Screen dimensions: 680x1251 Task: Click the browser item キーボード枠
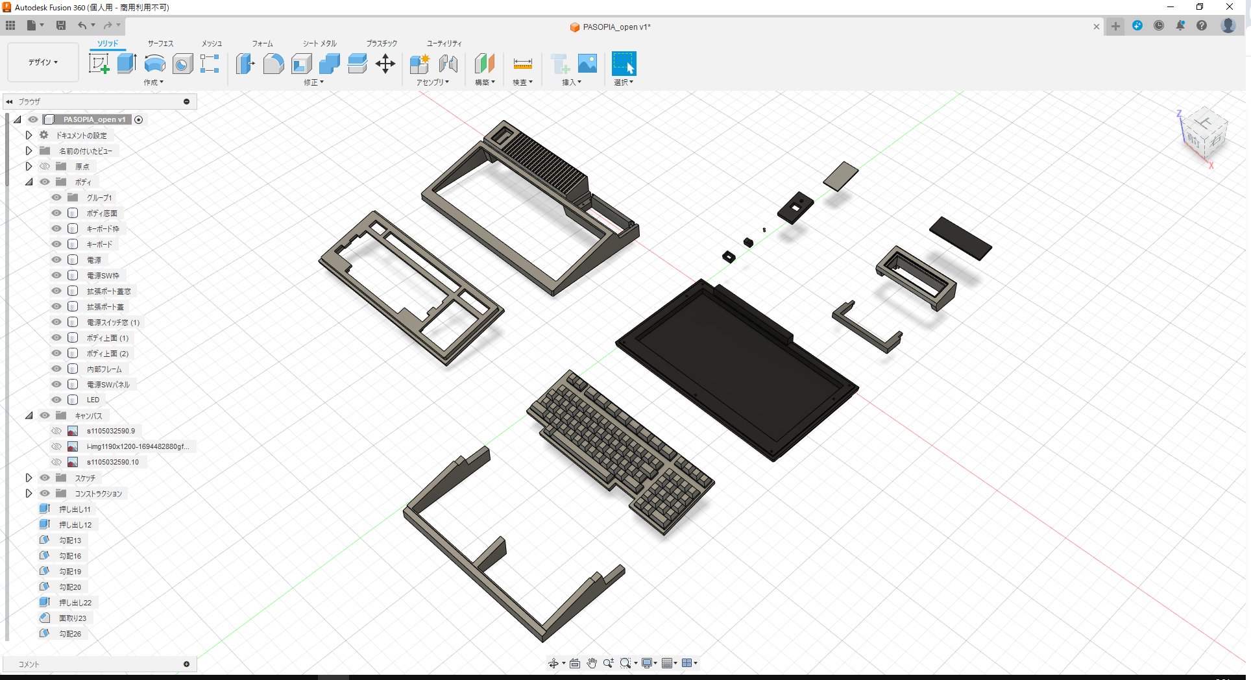[103, 229]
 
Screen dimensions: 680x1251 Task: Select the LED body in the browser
[93, 400]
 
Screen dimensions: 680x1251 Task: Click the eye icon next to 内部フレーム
[56, 369]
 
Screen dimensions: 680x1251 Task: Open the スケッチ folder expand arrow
[29, 478]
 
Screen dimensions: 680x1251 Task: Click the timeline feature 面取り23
[72, 618]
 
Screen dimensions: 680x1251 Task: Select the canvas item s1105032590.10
[112, 462]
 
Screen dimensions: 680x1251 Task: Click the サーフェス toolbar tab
[160, 43]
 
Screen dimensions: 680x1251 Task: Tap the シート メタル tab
[319, 43]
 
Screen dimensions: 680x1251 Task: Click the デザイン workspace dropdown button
[43, 62]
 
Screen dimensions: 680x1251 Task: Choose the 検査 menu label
[522, 82]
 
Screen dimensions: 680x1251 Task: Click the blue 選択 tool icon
[624, 64]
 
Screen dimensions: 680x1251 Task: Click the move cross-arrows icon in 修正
[385, 64]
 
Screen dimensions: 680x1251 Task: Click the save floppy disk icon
[61, 25]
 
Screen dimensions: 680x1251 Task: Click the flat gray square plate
[841, 176]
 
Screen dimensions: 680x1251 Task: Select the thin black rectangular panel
[960, 237]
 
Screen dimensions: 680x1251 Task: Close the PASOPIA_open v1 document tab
[1097, 27]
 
